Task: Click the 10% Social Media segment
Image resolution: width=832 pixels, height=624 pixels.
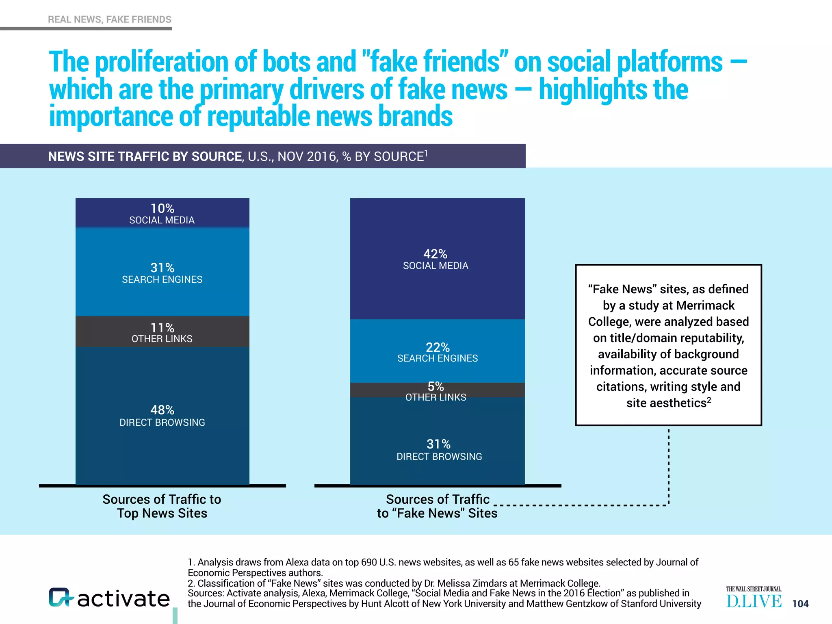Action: (x=162, y=213)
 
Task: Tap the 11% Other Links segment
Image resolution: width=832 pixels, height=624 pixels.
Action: (x=162, y=332)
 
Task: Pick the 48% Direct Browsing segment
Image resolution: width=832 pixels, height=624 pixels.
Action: (x=162, y=415)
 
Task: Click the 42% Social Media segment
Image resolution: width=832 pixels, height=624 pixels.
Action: (x=437, y=259)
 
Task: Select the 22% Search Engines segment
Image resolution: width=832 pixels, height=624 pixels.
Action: (x=437, y=352)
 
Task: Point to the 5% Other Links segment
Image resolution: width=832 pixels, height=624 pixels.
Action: (x=437, y=390)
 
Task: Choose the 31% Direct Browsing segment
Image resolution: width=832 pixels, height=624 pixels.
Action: (x=437, y=449)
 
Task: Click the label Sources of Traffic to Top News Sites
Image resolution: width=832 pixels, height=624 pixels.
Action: (x=162, y=506)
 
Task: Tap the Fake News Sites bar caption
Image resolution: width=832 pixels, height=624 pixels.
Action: (x=437, y=506)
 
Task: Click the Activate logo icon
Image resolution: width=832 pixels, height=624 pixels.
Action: (x=61, y=598)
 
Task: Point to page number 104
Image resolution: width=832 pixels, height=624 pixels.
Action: (x=800, y=604)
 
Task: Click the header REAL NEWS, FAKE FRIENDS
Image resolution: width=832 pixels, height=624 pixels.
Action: (x=110, y=19)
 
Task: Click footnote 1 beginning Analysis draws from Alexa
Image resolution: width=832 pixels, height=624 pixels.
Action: (x=443, y=567)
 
